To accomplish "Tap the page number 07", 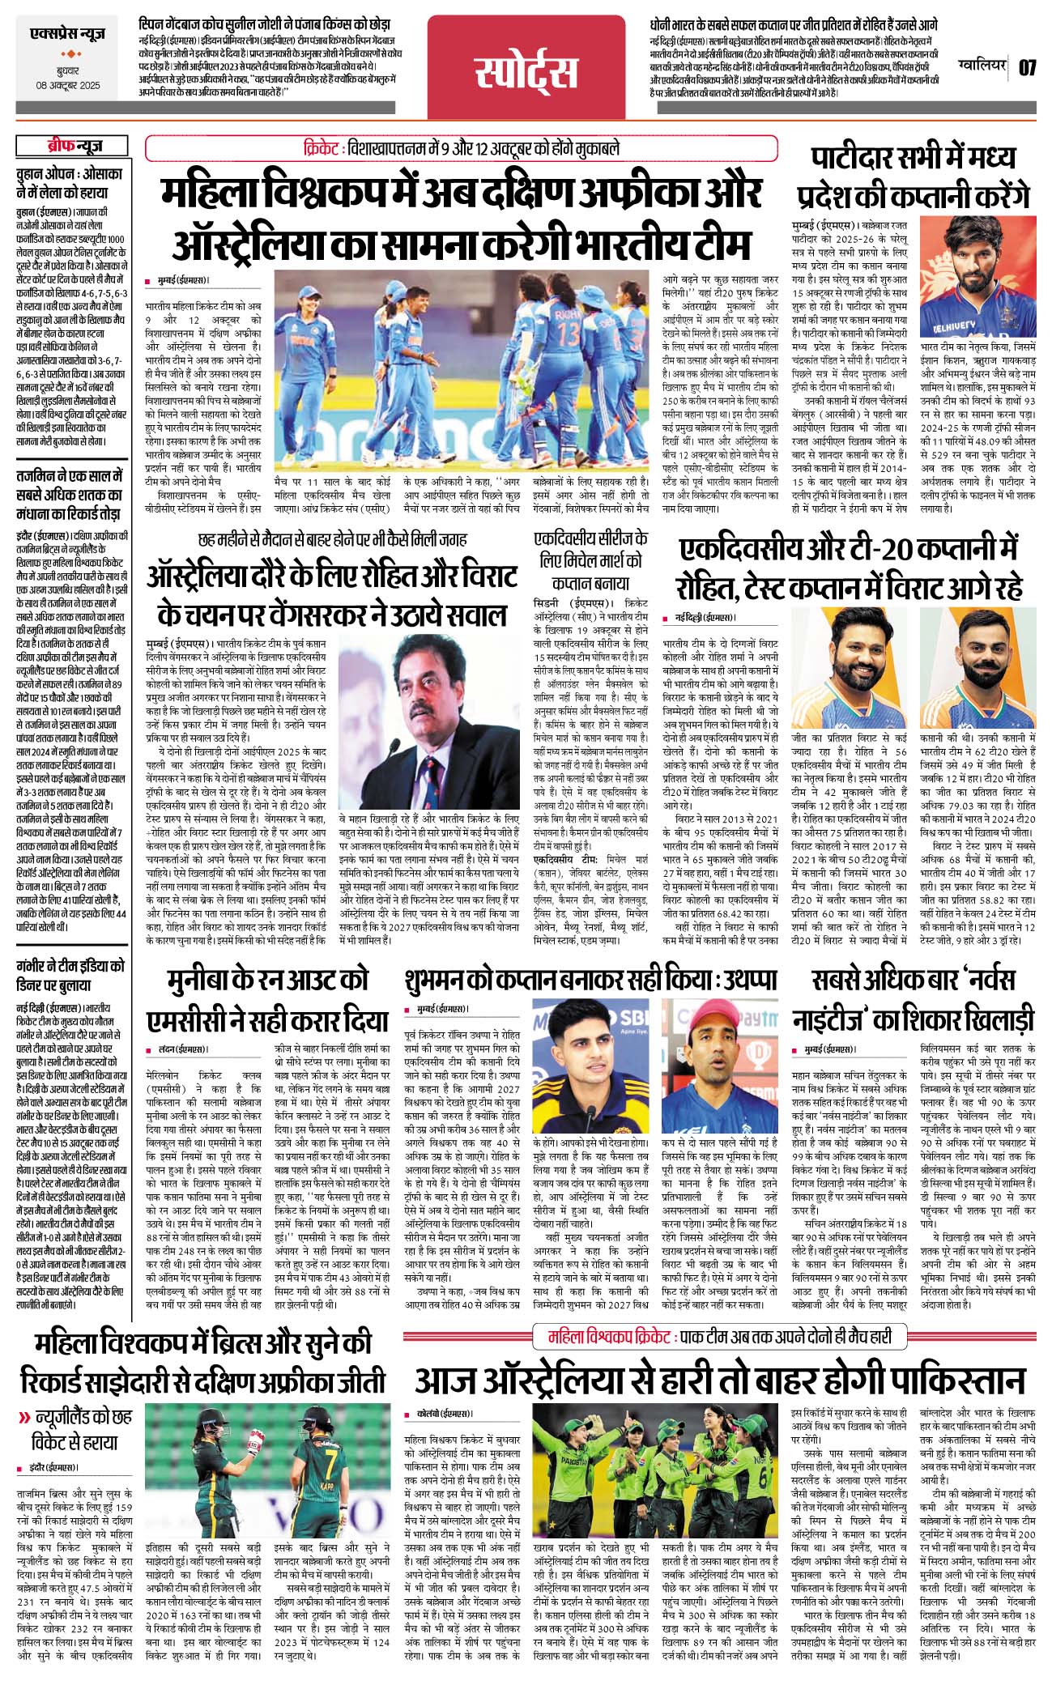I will tap(1027, 67).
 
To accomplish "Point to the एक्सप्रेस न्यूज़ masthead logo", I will tap(67, 35).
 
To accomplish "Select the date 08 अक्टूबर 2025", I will tap(68, 85).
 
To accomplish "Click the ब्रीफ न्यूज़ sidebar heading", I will tap(73, 146).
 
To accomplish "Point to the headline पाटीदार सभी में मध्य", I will tap(913, 158).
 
